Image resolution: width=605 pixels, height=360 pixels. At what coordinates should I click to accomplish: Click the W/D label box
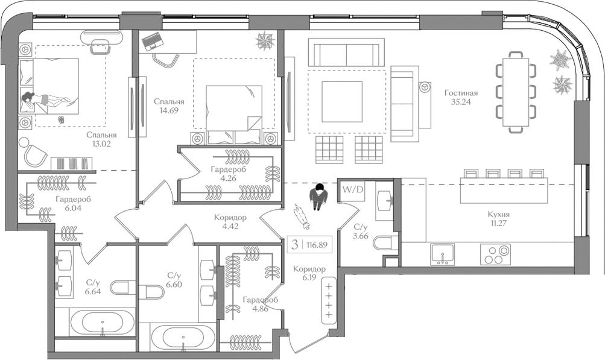coord(353,190)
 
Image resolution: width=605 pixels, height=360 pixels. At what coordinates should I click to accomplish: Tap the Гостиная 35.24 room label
coord(461,98)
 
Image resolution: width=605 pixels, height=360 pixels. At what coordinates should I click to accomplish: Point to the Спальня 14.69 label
coord(168,106)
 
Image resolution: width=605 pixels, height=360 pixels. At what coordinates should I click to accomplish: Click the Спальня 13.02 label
coord(101,140)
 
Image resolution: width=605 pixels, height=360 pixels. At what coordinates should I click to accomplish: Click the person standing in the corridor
coord(318,197)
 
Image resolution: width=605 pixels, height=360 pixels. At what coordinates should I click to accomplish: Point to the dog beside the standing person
coord(300,216)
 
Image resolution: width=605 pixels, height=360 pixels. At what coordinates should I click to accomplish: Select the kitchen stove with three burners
coord(496,254)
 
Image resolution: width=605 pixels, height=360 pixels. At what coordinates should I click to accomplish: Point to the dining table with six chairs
coord(516,92)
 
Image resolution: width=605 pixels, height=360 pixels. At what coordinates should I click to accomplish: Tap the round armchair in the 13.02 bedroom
coord(34,154)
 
